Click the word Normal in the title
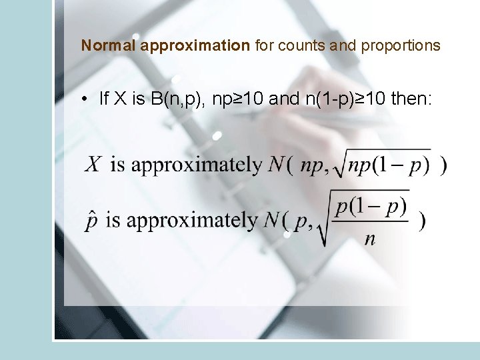click(109, 46)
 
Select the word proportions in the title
click(401, 46)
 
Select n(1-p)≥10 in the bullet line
click(346, 100)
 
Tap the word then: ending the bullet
click(412, 100)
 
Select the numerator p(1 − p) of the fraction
click(371, 205)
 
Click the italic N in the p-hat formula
click(270, 220)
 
